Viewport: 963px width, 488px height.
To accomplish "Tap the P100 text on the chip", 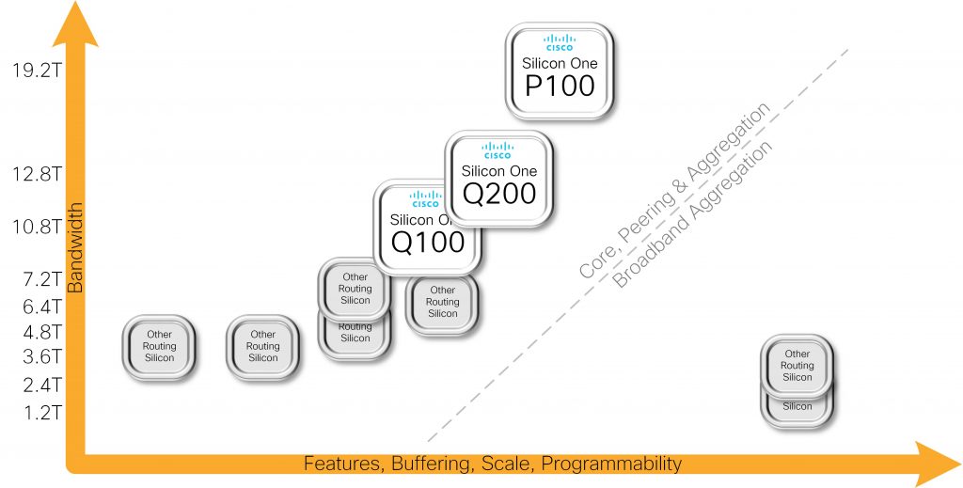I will coord(560,86).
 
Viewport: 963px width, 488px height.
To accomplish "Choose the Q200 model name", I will coord(498,194).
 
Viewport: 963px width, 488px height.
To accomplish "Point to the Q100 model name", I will coord(428,243).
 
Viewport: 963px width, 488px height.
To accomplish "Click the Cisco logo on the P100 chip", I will coord(560,42).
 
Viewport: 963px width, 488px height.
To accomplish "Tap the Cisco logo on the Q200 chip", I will coord(498,150).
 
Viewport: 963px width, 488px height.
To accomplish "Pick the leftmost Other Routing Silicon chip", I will coord(159,346).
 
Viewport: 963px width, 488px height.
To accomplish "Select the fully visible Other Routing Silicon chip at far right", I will coord(797,365).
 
